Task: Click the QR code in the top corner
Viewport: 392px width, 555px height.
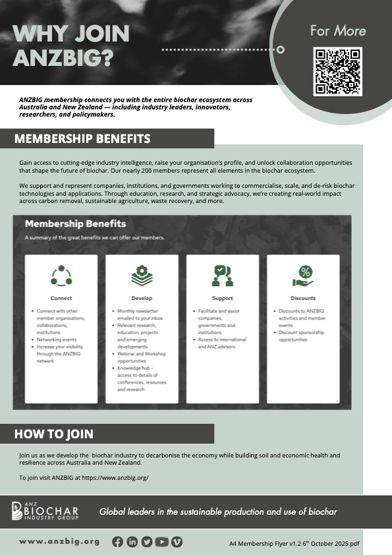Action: (337, 72)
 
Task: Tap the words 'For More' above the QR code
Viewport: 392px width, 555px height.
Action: (337, 30)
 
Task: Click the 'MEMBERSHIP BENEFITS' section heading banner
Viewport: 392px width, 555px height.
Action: (82, 139)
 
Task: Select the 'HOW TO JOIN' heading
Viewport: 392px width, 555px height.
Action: (54, 434)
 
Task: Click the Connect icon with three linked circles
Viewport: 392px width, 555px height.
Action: (61, 276)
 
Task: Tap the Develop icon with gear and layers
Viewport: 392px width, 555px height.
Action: (142, 276)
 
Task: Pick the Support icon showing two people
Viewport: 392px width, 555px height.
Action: (223, 276)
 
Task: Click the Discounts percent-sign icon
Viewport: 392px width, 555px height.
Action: (304, 276)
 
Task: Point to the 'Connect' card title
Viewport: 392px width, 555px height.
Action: (61, 298)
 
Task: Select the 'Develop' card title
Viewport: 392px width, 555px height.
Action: (142, 298)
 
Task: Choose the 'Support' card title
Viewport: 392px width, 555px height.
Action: (223, 298)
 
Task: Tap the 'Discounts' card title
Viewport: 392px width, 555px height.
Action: (303, 298)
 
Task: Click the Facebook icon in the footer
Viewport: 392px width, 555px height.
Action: (117, 542)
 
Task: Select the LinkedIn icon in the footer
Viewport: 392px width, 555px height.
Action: (132, 542)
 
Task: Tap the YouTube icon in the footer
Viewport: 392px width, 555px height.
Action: (161, 542)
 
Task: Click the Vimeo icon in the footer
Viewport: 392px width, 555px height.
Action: (177, 542)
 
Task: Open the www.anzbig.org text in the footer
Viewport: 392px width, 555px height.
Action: (59, 542)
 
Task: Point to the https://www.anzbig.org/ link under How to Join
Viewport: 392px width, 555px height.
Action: (115, 477)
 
